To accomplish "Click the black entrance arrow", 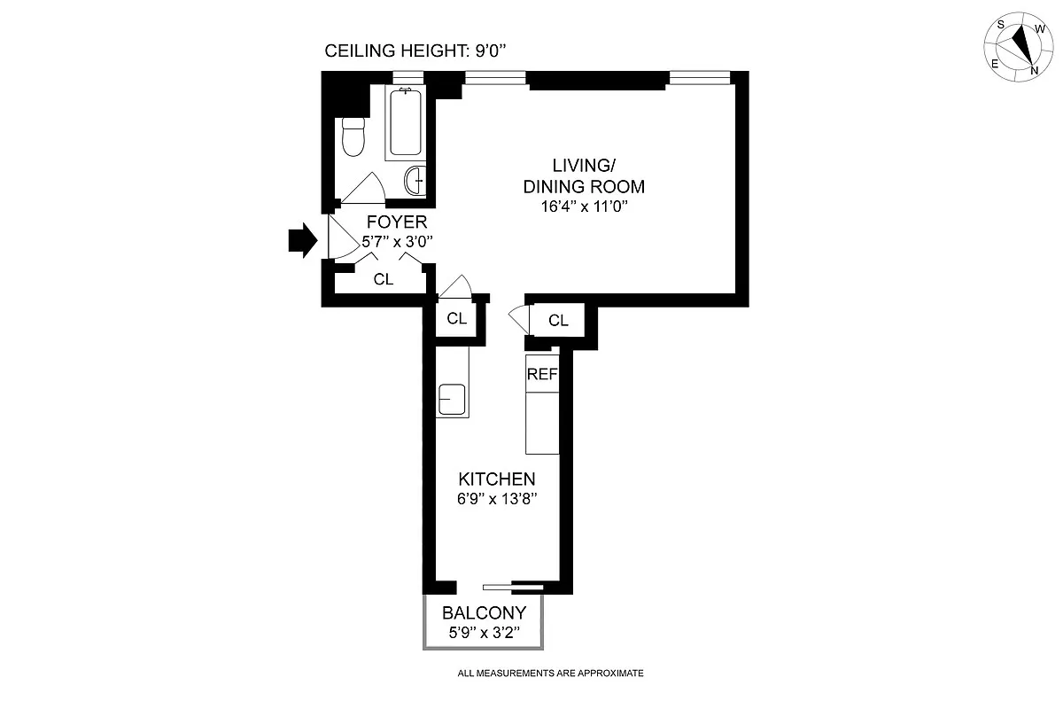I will pos(302,239).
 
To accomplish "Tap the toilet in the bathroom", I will pos(353,137).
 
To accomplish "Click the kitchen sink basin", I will pos(452,399).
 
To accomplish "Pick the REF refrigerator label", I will pos(542,374).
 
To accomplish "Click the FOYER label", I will pos(397,222).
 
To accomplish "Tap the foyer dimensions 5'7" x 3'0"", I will pos(397,241).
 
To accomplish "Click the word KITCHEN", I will pos(496,479).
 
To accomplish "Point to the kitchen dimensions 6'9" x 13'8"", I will pos(496,499).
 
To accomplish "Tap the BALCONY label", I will pos(484,612).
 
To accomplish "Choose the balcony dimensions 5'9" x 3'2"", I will pos(484,633).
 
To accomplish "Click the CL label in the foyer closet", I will pos(383,279).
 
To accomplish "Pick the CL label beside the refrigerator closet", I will pos(558,321).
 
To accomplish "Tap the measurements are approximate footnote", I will pos(550,674).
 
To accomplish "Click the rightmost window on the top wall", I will pos(700,79).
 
